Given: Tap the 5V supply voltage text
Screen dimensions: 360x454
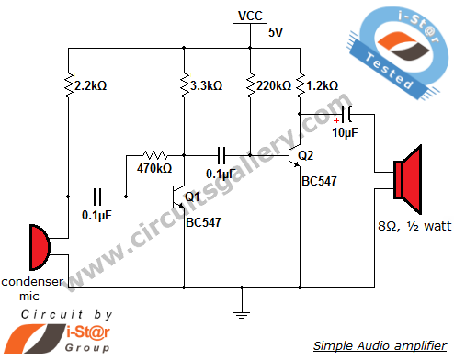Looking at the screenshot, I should point(277,32).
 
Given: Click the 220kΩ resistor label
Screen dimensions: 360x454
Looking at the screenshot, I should point(273,85).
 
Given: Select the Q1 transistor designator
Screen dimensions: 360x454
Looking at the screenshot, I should point(193,197).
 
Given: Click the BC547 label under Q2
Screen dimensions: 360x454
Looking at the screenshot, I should point(318,180).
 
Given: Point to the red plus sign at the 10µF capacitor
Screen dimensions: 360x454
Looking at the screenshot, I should point(338,118).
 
